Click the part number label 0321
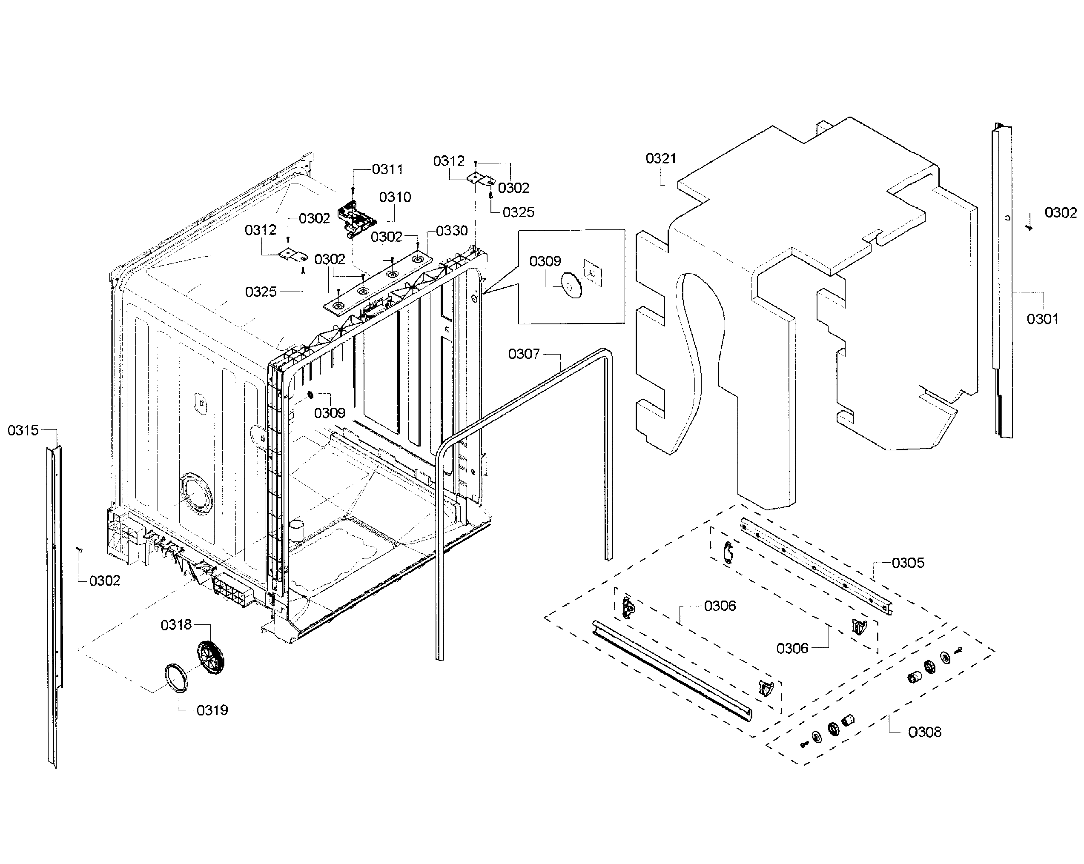click(x=661, y=159)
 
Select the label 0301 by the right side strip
click(x=1042, y=319)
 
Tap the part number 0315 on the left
click(x=23, y=430)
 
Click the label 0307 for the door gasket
click(x=524, y=355)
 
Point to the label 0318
click(x=176, y=625)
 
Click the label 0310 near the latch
click(x=395, y=197)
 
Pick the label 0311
click(x=387, y=169)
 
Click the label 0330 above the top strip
click(x=451, y=231)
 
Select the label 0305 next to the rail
click(x=908, y=563)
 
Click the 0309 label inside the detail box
click(x=545, y=261)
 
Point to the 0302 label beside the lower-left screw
click(x=105, y=581)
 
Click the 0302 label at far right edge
click(x=1060, y=213)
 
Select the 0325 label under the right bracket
click(x=518, y=212)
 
